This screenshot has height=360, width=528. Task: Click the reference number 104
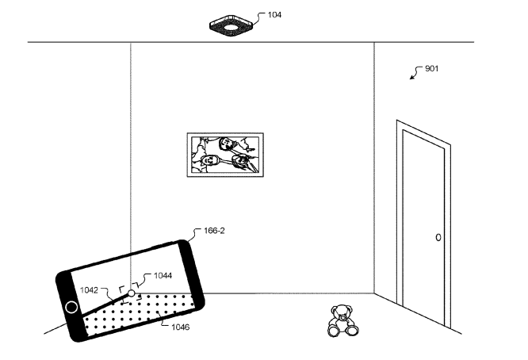(274, 15)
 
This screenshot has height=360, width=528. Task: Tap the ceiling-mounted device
(231, 25)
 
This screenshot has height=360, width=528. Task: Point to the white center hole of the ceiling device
(231, 28)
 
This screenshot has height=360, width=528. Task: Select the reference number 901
(432, 69)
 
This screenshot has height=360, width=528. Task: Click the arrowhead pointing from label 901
(411, 77)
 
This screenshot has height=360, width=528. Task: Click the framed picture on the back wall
(225, 155)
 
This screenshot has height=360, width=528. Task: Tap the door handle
(438, 237)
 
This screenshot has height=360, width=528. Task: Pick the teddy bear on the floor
(342, 320)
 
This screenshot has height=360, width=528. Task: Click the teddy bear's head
(342, 312)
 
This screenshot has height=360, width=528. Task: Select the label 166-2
(214, 231)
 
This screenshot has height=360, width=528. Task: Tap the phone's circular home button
(71, 307)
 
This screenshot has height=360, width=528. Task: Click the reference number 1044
(163, 275)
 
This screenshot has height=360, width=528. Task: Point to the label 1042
(89, 290)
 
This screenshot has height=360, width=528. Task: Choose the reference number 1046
(181, 327)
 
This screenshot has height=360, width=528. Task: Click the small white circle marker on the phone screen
(132, 293)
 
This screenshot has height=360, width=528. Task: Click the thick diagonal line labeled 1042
(105, 305)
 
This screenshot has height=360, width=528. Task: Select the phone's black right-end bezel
(191, 274)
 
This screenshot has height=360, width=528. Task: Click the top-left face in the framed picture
(226, 144)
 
